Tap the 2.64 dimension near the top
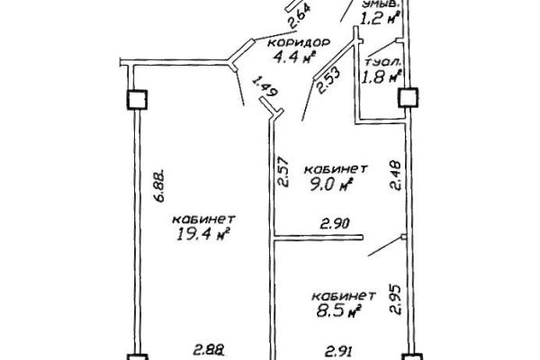click(x=292, y=17)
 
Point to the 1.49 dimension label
click(x=261, y=87)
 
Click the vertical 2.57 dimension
click(x=283, y=172)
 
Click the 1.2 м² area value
click(x=379, y=16)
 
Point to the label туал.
click(x=383, y=62)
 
